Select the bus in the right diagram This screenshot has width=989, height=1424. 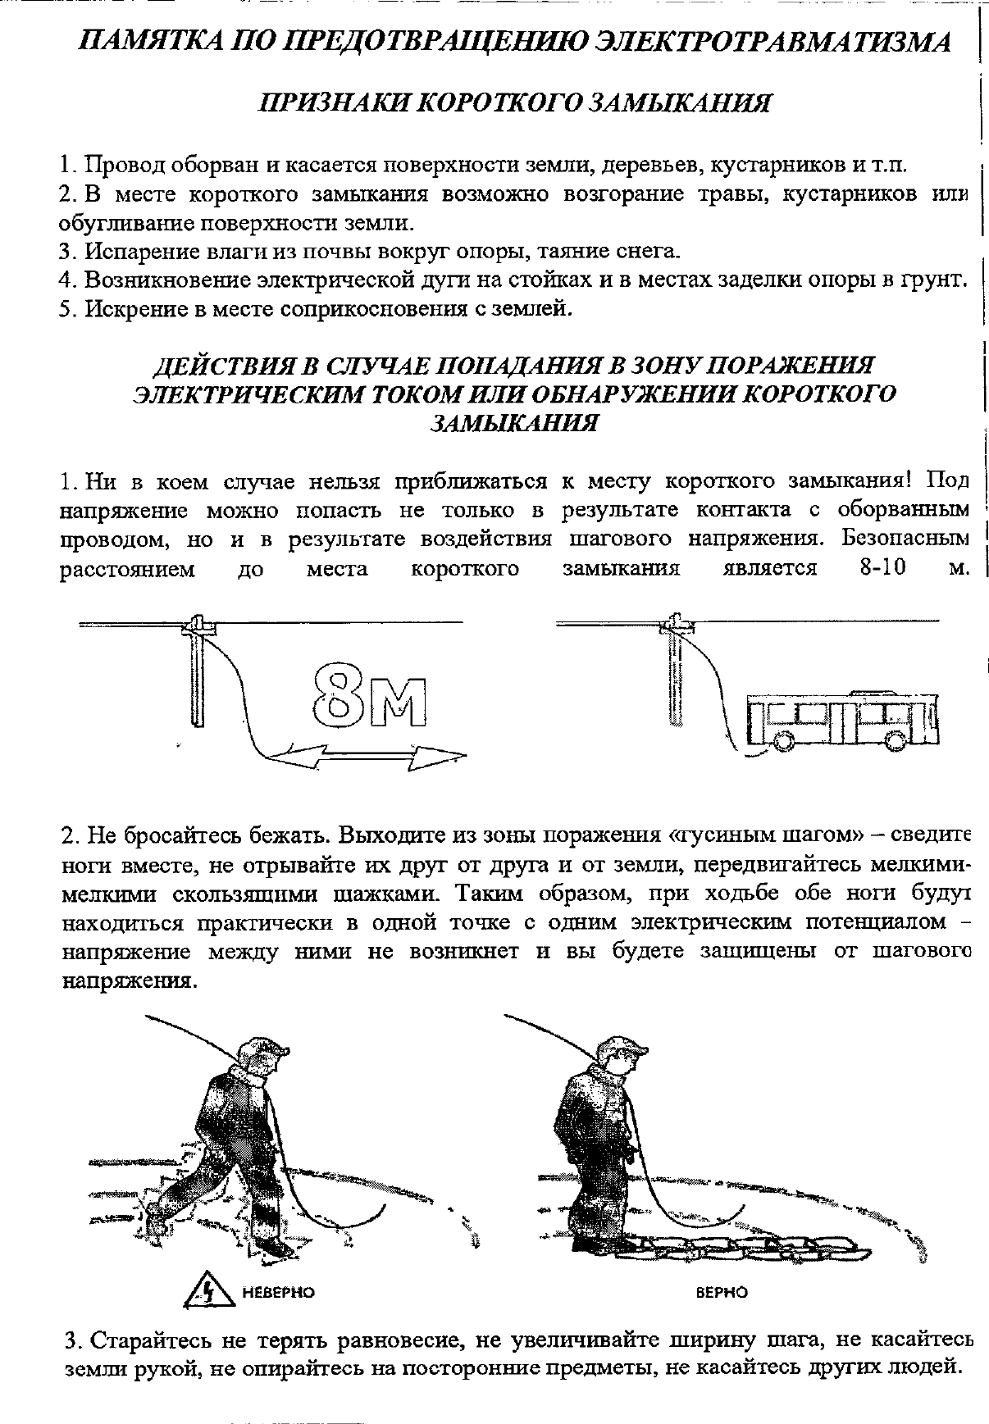click(843, 718)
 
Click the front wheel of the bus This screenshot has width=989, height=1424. click(780, 740)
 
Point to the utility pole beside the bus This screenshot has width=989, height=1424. click(675, 672)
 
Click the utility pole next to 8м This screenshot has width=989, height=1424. click(197, 672)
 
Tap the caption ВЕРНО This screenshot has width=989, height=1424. click(722, 1293)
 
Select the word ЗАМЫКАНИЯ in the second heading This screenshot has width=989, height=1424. click(513, 423)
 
